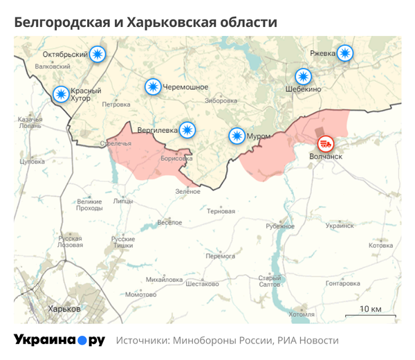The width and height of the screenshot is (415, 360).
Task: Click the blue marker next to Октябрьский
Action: (99, 54)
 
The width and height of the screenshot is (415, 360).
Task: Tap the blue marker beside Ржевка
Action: (344, 53)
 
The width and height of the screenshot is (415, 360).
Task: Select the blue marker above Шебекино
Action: (303, 77)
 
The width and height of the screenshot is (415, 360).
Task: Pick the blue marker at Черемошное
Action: (153, 87)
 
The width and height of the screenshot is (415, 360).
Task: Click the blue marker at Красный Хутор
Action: (61, 94)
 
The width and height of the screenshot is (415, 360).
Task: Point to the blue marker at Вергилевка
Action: (187, 129)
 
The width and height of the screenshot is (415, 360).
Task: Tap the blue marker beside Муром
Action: (237, 136)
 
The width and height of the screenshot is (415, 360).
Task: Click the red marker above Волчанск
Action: (325, 144)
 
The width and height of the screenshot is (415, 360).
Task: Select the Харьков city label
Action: (64, 309)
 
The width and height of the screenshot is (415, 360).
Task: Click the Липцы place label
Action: (122, 201)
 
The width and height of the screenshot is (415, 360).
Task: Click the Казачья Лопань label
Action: (30, 123)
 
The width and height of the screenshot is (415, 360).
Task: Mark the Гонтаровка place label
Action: (343, 284)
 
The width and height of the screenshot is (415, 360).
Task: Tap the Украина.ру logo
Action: (59, 340)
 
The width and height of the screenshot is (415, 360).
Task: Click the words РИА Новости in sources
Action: (308, 341)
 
